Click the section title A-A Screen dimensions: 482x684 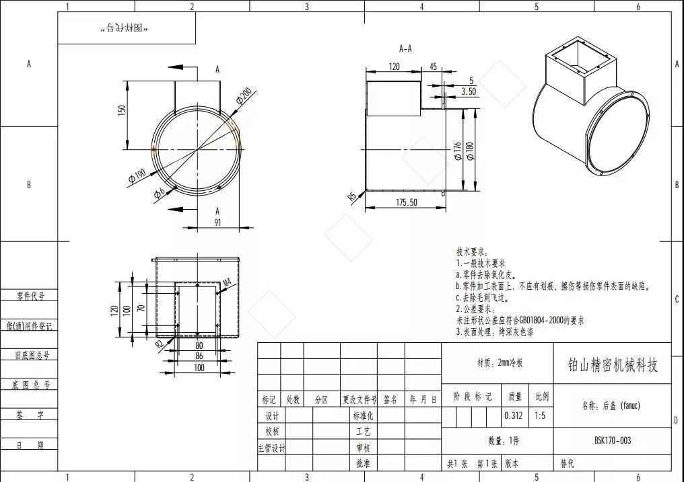click(405, 48)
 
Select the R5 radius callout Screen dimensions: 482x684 click(351, 196)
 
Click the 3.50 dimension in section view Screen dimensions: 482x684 click(469, 91)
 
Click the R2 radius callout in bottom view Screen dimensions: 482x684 click(159, 344)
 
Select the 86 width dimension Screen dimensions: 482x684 click(198, 356)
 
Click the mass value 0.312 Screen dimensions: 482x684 click(513, 415)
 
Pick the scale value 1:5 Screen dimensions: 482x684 click(541, 415)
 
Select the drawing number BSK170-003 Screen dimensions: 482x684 click(612, 441)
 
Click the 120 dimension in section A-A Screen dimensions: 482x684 click(394, 67)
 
